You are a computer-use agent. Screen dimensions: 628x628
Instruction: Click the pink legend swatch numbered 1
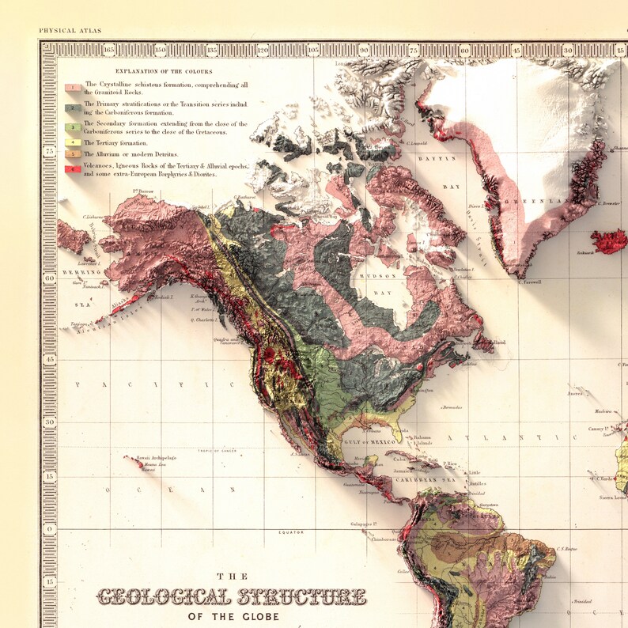pyautogui.click(x=72, y=87)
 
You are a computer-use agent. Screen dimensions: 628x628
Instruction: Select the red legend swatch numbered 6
pyautogui.click(x=72, y=169)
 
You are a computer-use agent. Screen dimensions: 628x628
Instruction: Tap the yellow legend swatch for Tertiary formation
pyautogui.click(x=72, y=142)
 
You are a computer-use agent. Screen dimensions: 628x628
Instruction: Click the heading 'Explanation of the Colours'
pyautogui.click(x=164, y=71)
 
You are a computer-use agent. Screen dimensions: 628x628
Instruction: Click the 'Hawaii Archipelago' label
pyautogui.click(x=157, y=458)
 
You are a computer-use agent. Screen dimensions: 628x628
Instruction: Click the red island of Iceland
pyautogui.click(x=609, y=240)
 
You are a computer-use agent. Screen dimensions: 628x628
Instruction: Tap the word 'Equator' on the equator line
pyautogui.click(x=290, y=532)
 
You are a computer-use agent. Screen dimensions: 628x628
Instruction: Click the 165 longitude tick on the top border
pyautogui.click(x=108, y=50)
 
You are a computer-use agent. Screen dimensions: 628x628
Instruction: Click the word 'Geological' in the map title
pyautogui.click(x=163, y=597)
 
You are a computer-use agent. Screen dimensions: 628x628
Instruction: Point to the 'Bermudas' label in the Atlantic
pyautogui.click(x=452, y=407)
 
